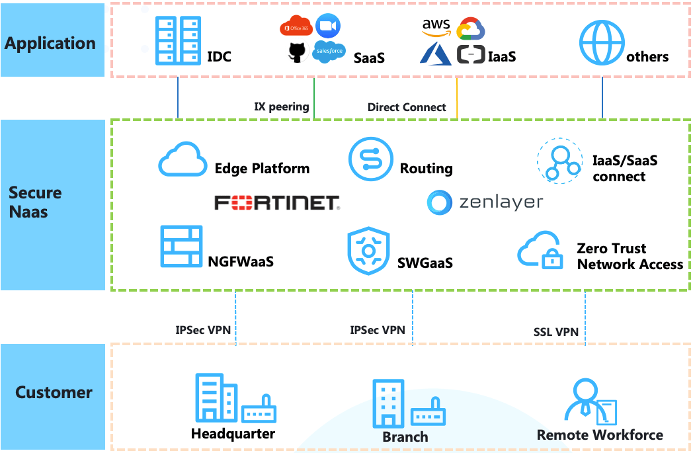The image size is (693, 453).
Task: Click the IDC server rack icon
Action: click(178, 40)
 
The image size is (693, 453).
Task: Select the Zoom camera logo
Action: click(328, 26)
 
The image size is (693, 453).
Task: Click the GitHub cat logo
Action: click(297, 52)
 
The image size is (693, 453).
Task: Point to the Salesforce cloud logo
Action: click(329, 52)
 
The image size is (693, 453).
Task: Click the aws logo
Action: click(436, 27)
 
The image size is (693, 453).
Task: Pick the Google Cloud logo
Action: click(471, 28)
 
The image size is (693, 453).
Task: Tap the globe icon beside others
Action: click(602, 43)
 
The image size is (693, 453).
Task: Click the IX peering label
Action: click(282, 106)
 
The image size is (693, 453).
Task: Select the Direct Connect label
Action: click(407, 107)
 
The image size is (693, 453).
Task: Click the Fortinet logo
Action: click(277, 202)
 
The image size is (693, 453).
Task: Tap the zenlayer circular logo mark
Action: click(439, 202)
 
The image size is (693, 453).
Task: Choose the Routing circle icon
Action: click(371, 159)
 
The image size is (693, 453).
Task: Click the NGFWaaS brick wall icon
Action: click(182, 246)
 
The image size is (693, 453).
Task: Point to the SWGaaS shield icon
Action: click(368, 251)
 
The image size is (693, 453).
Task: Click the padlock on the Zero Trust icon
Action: click(552, 259)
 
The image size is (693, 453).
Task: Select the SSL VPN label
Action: click(556, 332)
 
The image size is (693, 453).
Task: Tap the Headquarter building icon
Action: click(217, 397)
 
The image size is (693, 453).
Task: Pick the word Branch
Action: click(405, 436)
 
